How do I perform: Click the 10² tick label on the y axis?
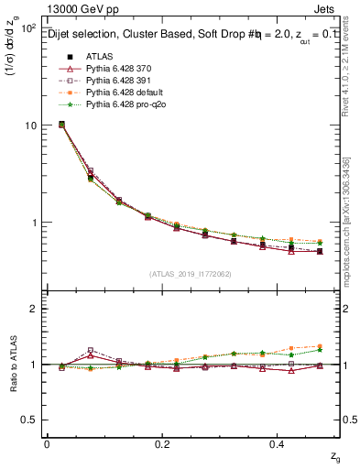(27, 28)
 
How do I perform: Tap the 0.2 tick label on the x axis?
(163, 444)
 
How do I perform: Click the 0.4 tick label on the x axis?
(279, 444)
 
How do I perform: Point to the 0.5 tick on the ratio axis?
(27, 420)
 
